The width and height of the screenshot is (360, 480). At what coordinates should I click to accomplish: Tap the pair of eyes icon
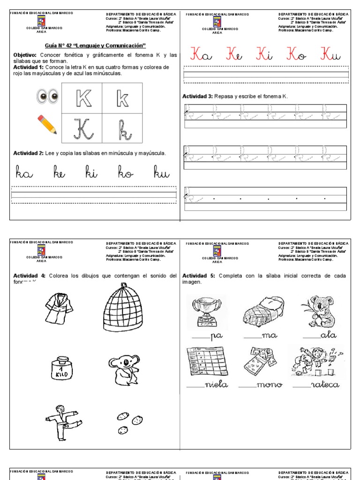point(47,97)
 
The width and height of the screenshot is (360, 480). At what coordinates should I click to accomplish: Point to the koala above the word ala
point(322,311)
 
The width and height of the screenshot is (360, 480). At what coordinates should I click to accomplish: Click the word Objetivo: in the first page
point(25,55)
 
